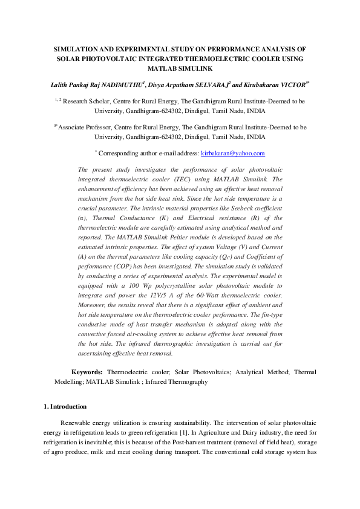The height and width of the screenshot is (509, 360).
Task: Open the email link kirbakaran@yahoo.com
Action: (x=233, y=154)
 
